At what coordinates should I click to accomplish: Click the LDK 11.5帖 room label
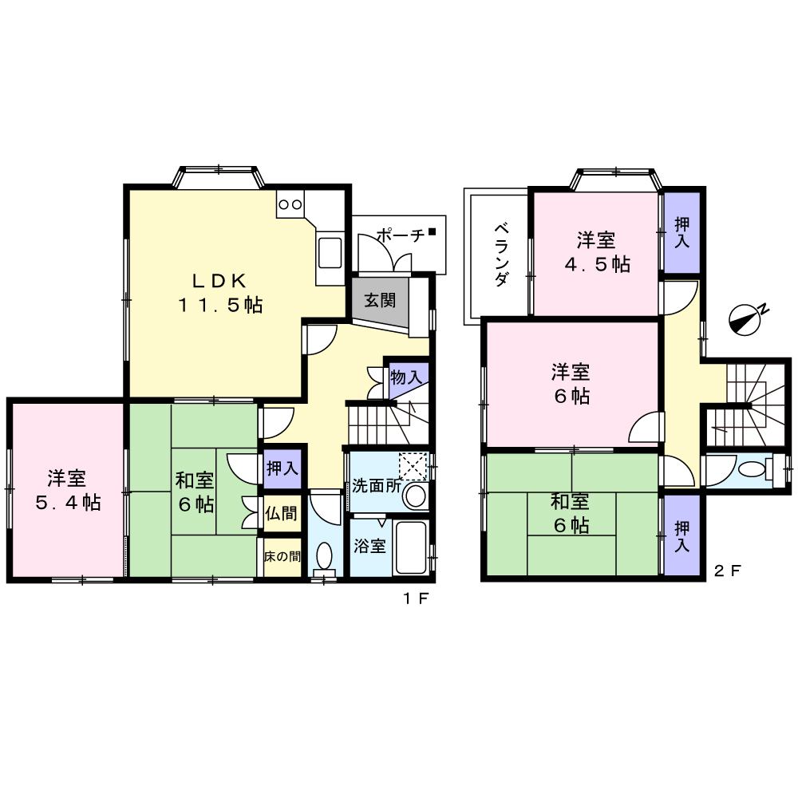(220, 293)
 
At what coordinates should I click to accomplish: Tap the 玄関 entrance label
(380, 300)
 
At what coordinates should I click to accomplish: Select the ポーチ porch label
(401, 235)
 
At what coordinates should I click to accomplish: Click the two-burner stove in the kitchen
(290, 204)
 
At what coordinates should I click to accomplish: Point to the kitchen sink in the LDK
(330, 252)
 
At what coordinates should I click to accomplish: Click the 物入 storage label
(406, 377)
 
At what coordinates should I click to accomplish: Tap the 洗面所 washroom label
(377, 485)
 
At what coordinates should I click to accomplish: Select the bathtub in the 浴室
(410, 547)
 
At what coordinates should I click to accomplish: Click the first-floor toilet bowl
(324, 555)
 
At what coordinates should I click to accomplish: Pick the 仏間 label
(281, 513)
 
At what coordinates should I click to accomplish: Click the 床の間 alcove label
(282, 556)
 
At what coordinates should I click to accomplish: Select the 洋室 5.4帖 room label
(68, 490)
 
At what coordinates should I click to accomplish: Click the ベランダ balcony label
(502, 254)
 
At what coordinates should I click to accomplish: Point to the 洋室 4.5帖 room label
(598, 252)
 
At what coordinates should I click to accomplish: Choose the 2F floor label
(727, 571)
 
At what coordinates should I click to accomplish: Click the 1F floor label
(417, 598)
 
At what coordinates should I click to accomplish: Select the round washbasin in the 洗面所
(416, 496)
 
